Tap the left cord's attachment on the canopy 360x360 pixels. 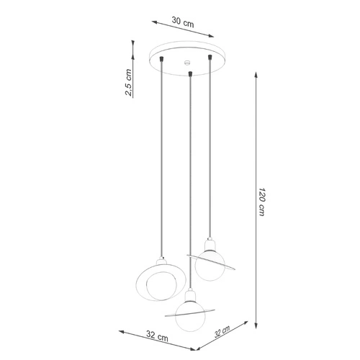click(x=164, y=57)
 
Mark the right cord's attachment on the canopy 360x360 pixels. click(x=210, y=57)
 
